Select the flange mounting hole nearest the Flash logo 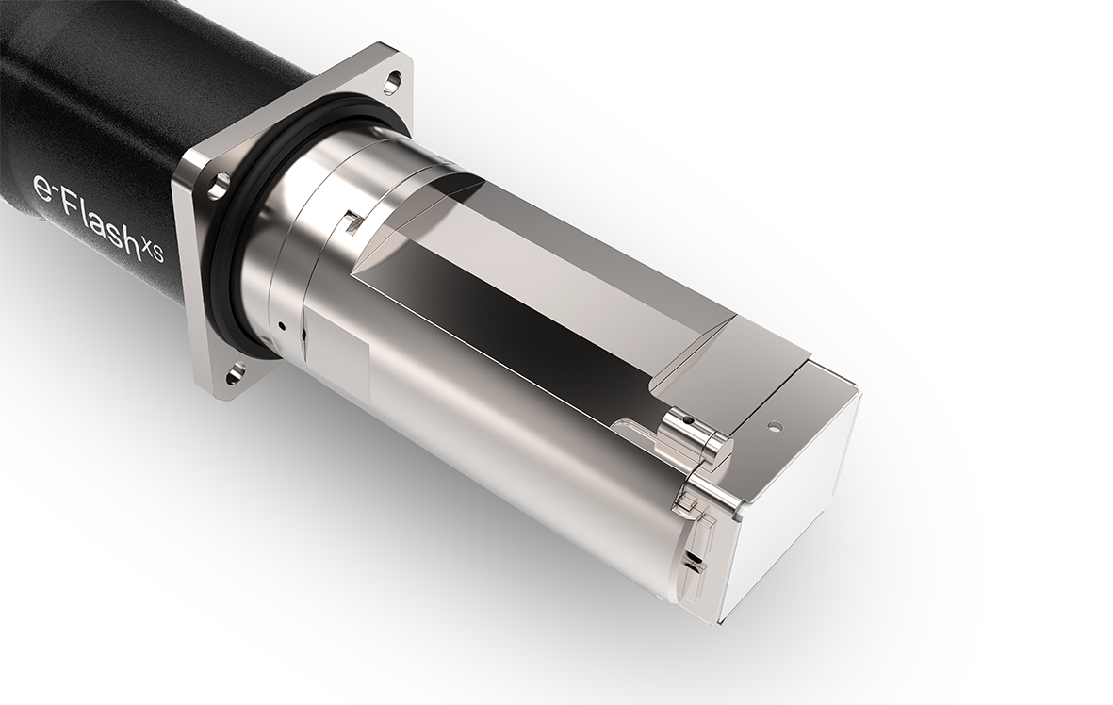click(x=218, y=185)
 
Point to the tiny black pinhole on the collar click(x=282, y=325)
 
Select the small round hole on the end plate click(x=775, y=425)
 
